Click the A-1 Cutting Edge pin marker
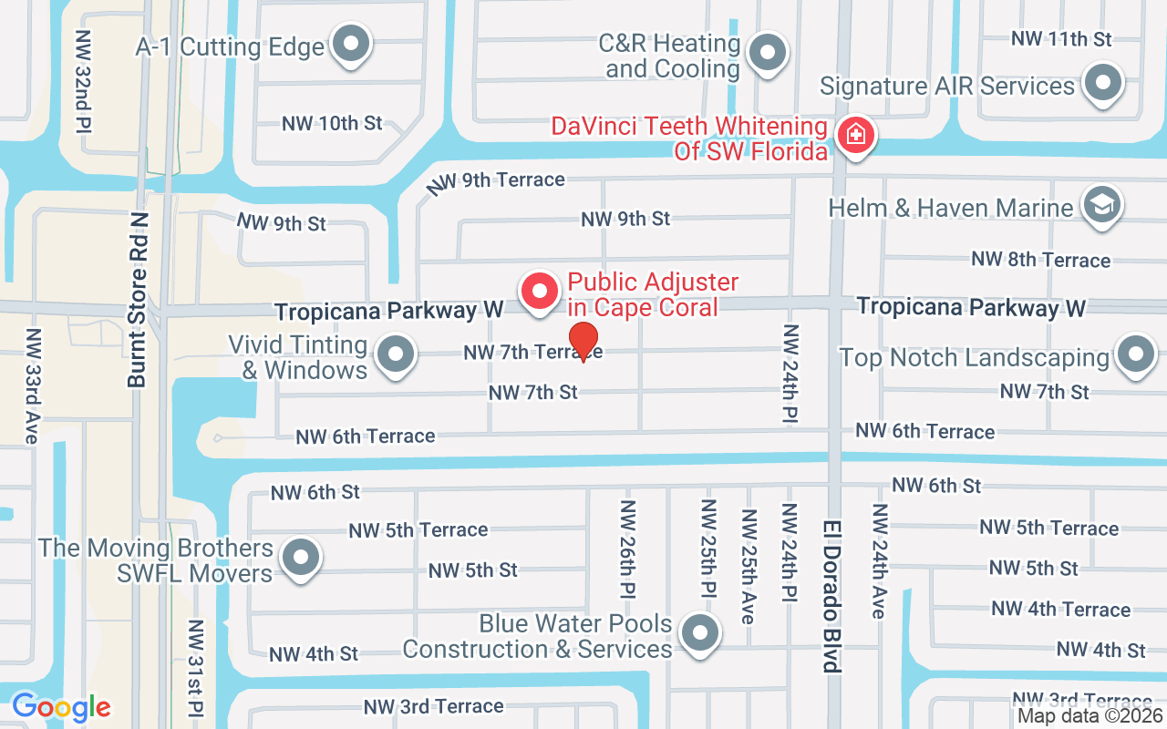[x=349, y=44]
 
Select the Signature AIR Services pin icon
[x=1104, y=84]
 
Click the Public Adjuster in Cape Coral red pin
[x=539, y=292]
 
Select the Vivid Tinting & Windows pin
[x=395, y=355]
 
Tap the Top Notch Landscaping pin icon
[x=1135, y=355]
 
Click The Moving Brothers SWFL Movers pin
[x=300, y=557]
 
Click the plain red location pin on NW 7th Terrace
[x=583, y=341]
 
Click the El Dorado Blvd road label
[x=830, y=597]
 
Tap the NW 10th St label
[x=332, y=123]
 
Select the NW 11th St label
[x=1061, y=39]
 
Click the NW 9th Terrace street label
[x=497, y=180]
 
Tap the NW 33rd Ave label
[x=31, y=385]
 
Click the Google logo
[x=61, y=706]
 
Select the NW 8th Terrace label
[x=1040, y=260]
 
